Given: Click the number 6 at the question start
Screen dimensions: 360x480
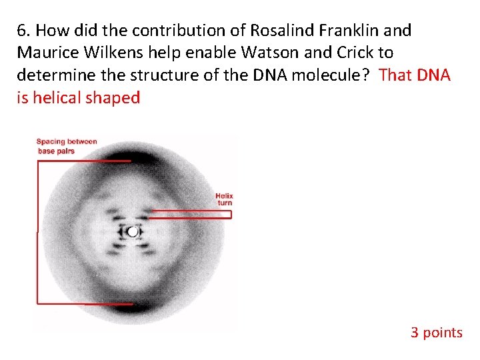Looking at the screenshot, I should pos(22,31).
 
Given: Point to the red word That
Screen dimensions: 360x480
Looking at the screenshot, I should pos(396,75).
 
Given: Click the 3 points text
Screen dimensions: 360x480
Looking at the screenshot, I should pos(436,332).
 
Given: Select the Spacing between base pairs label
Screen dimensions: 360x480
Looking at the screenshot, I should pos(66,146).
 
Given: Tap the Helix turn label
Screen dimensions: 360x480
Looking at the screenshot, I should pos(224,199).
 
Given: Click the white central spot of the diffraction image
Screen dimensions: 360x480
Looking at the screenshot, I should pos(133,232).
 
